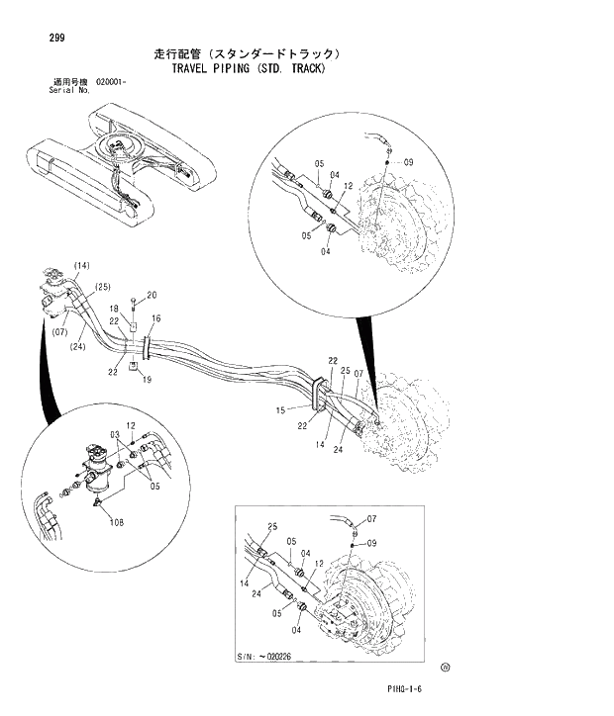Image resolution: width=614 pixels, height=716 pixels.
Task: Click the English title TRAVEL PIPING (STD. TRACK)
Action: coord(248,69)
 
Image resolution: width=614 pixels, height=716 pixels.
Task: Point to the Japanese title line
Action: coord(249,53)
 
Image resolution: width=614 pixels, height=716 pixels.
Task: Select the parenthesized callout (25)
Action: coord(102,287)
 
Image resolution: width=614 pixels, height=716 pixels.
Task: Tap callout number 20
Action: coord(152,295)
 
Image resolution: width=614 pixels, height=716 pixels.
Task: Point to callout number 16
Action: coord(155,318)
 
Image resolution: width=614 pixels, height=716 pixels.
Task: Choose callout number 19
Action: coord(146,380)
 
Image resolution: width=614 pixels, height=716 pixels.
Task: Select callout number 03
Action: coord(115,434)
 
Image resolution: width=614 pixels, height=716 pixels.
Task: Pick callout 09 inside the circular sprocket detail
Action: coord(408,162)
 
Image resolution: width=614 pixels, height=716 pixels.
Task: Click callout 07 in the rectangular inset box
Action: coord(371,518)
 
